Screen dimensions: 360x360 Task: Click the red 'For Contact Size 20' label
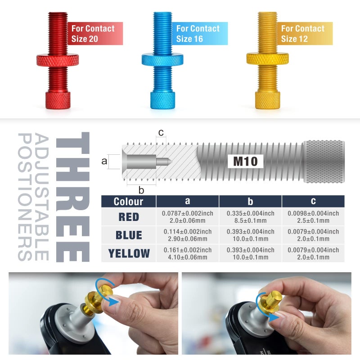[95, 33]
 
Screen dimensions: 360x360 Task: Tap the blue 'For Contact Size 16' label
[200, 33]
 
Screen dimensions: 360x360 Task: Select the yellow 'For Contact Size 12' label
[305, 33]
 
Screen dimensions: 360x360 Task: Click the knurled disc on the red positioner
[58, 60]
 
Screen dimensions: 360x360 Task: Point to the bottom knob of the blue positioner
[162, 100]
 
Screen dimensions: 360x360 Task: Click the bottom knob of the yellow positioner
[267, 100]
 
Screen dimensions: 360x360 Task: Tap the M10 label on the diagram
[245, 161]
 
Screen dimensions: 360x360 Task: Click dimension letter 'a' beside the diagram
[104, 161]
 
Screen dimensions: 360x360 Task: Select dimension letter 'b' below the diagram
[141, 190]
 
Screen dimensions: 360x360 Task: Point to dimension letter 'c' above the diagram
[161, 132]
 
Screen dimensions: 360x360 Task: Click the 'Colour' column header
[129, 201]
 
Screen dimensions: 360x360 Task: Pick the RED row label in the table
[129, 217]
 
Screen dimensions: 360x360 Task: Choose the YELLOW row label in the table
[129, 253]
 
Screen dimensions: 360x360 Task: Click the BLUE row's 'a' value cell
[188, 235]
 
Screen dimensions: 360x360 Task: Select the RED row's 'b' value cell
[251, 217]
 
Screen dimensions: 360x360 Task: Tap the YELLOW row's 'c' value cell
[313, 253]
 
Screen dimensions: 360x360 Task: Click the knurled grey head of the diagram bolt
[324, 162]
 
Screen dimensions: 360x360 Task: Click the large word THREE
[73, 197]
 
